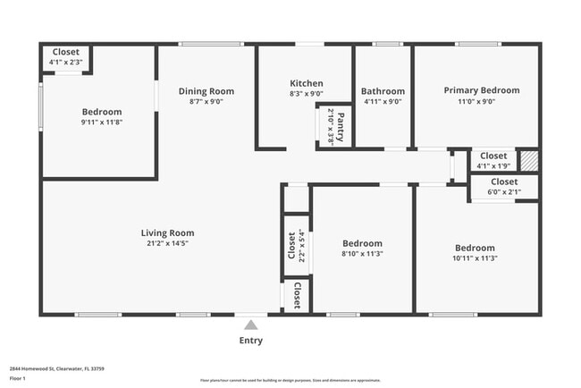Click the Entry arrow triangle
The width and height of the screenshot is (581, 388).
(x=251, y=325)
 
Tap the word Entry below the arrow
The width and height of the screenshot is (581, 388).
(x=251, y=341)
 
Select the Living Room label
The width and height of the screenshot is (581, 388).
(x=168, y=232)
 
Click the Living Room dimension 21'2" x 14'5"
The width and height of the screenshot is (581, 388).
(x=168, y=243)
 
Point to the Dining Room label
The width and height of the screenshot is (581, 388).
(x=206, y=90)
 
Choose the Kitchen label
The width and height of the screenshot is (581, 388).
(x=306, y=83)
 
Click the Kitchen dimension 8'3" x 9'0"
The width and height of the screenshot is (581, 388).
(x=306, y=94)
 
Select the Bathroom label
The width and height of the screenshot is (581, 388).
(x=383, y=90)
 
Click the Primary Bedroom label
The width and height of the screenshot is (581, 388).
(x=482, y=90)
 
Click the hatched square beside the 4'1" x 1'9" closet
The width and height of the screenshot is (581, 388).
(x=530, y=161)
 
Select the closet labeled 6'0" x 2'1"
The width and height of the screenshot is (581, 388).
(x=504, y=187)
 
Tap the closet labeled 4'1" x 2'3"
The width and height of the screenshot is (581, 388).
(x=66, y=57)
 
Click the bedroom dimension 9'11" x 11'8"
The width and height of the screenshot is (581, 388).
(x=101, y=122)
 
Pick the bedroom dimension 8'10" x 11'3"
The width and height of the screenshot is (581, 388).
(x=362, y=254)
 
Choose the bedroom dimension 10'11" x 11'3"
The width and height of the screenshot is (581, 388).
(x=475, y=258)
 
